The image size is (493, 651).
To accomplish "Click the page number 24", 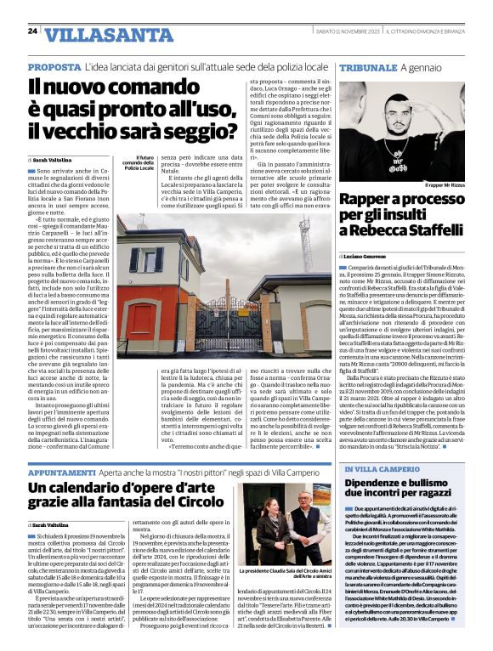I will [31, 31].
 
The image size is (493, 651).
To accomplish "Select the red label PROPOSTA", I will [54, 66].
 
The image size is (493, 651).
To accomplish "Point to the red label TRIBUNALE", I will [375, 66].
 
